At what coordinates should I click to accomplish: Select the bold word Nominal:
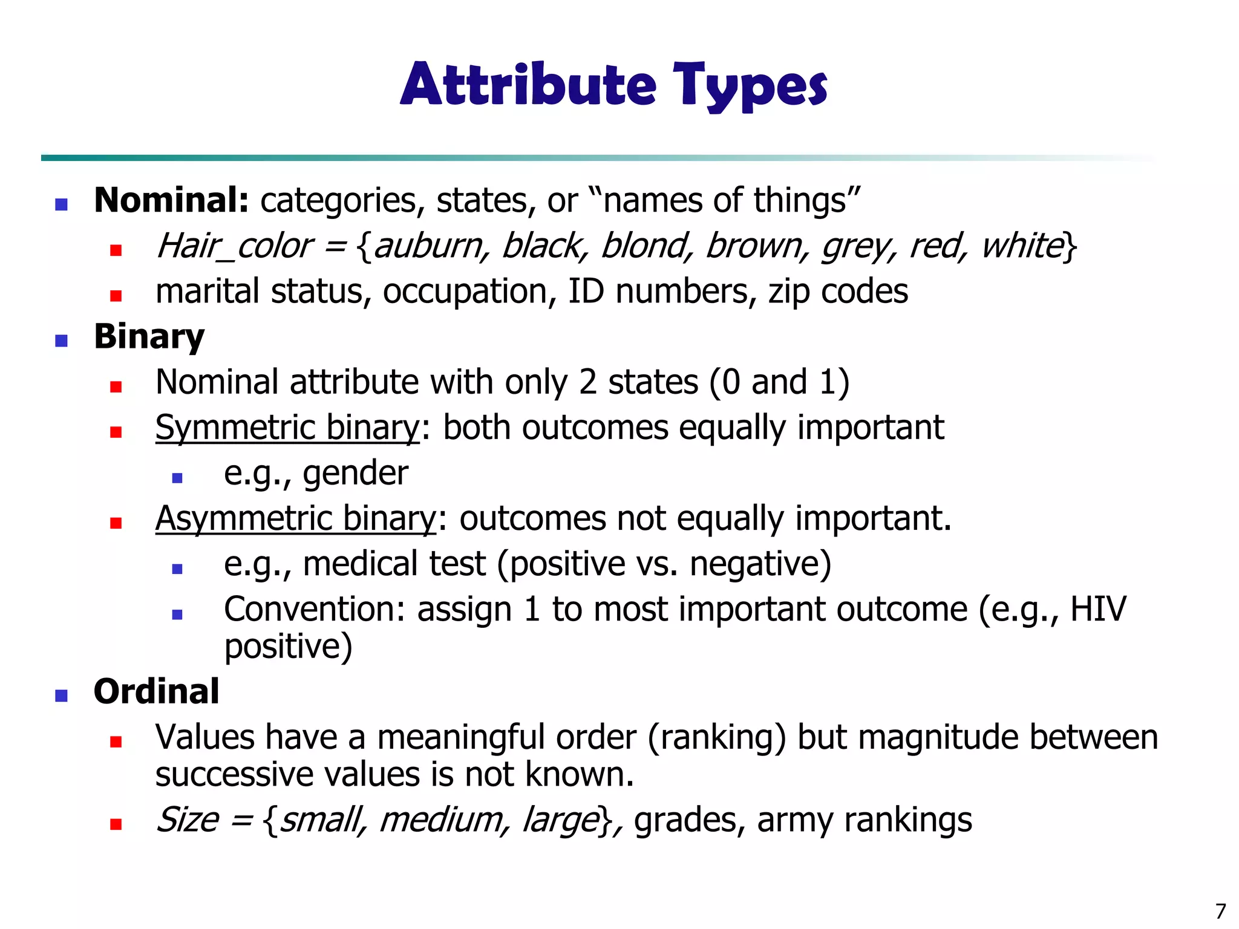point(171,200)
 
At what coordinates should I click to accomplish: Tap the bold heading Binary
point(149,337)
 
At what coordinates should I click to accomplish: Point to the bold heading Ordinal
point(156,691)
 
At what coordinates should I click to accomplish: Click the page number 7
point(1220,911)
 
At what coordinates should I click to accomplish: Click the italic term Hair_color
point(234,246)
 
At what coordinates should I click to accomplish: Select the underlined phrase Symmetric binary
point(287,428)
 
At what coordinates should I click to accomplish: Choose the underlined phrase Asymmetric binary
point(295,518)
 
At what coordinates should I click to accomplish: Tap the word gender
point(356,474)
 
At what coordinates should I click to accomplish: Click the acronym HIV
point(1098,609)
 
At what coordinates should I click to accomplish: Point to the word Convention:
point(314,609)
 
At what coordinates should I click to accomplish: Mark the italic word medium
point(440,820)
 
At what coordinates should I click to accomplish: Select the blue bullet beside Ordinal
point(61,696)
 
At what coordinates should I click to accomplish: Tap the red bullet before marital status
point(116,296)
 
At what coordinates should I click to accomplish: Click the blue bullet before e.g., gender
point(177,478)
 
